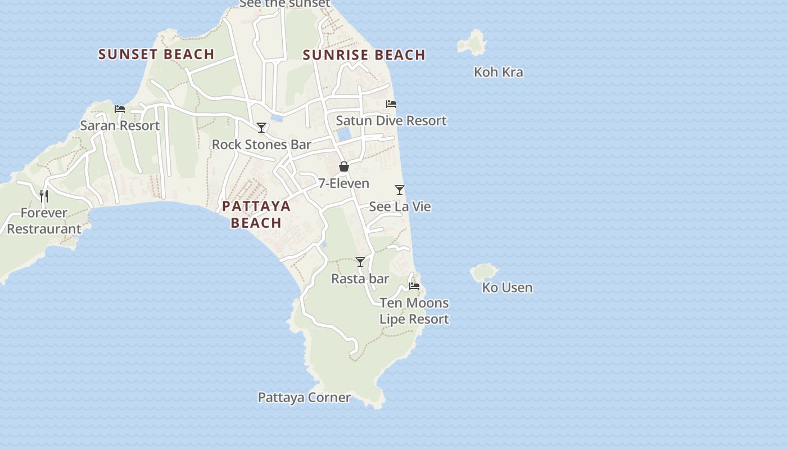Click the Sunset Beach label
156,54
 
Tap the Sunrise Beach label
364,55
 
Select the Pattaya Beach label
256,214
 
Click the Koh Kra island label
498,72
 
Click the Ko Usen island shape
483,272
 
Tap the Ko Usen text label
507,287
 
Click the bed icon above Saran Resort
120,109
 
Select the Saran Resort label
120,125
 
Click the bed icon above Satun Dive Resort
391,104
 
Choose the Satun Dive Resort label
391,120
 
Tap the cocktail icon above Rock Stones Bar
261,128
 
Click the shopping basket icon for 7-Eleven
344,166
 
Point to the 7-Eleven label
343,183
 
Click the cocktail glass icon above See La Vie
400,190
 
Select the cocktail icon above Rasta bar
360,262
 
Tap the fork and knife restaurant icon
44,196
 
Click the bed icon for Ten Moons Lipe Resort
414,286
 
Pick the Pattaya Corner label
304,398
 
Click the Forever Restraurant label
44,221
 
